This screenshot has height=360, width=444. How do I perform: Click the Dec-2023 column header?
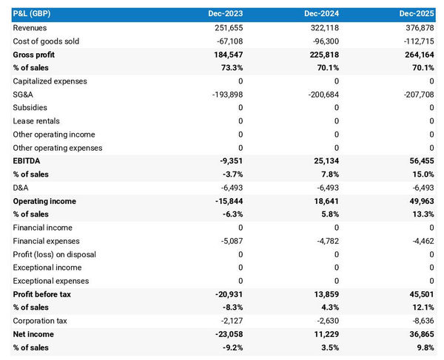pyautogui.click(x=226, y=14)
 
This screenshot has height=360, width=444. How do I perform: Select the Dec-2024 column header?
pyautogui.click(x=322, y=14)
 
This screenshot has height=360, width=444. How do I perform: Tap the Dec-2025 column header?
pyautogui.click(x=417, y=14)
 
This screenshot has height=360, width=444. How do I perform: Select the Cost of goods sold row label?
pyautogui.click(x=46, y=41)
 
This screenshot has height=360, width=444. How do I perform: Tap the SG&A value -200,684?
pyautogui.click(x=322, y=94)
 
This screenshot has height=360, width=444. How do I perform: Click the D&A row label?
pyautogui.click(x=22, y=187)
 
